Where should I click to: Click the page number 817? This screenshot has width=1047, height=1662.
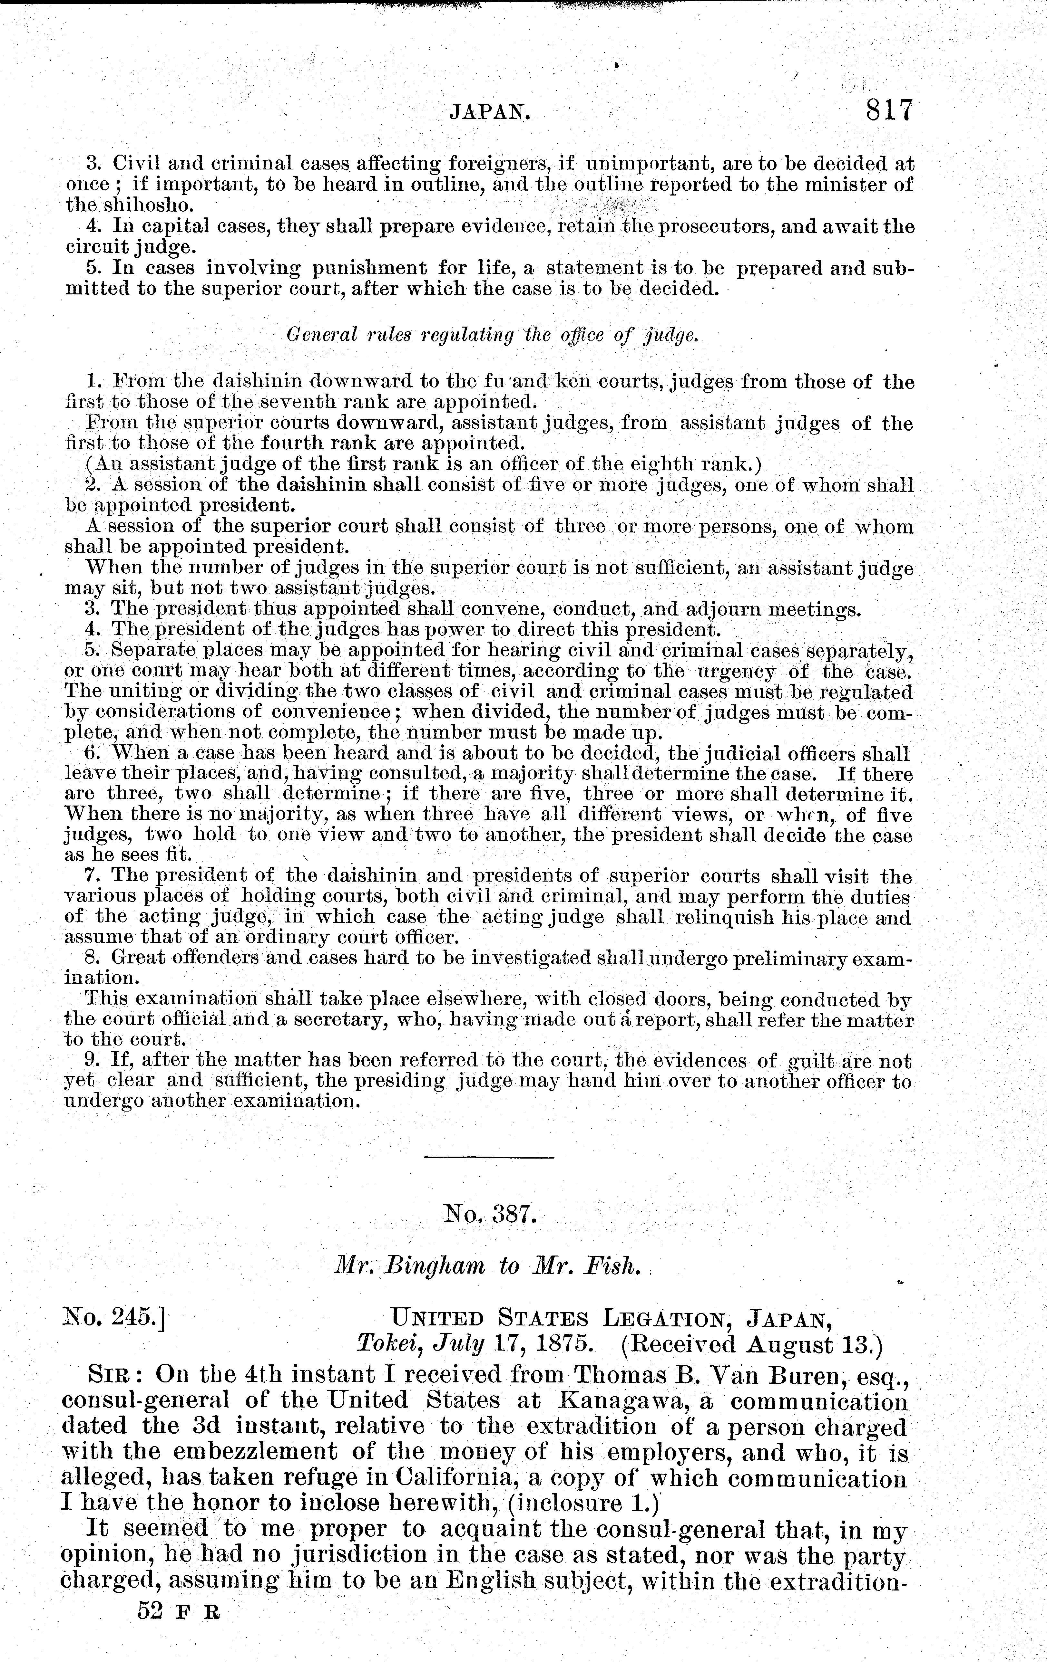(x=881, y=110)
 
